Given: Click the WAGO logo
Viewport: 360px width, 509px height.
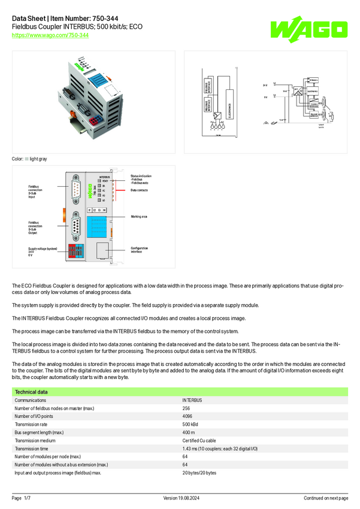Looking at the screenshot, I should (308, 28).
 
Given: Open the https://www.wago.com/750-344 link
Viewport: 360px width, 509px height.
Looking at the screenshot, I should (50, 35).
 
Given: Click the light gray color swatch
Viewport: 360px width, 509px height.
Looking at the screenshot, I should (27, 159).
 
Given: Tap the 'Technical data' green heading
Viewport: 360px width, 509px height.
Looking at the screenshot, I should (32, 392).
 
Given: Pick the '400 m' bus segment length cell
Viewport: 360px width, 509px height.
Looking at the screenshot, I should (189, 432).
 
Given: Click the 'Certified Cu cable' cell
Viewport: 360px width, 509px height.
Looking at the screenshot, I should (199, 440).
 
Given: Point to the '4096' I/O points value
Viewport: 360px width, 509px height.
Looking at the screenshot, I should (188, 416).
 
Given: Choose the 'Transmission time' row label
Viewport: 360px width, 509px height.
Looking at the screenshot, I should (33, 449).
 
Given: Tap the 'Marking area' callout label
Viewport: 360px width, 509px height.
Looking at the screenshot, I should (139, 216).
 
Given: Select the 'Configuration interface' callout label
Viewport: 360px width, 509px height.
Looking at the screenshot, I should (139, 250).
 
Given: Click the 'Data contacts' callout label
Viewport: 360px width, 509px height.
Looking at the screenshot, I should (139, 190).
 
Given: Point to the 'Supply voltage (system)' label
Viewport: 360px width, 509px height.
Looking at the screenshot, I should (43, 248).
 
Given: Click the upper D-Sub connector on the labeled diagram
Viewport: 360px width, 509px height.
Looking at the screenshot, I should (76, 190).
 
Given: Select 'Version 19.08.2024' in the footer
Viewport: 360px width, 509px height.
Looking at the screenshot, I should (180, 498).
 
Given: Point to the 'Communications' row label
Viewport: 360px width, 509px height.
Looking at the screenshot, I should (31, 400).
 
